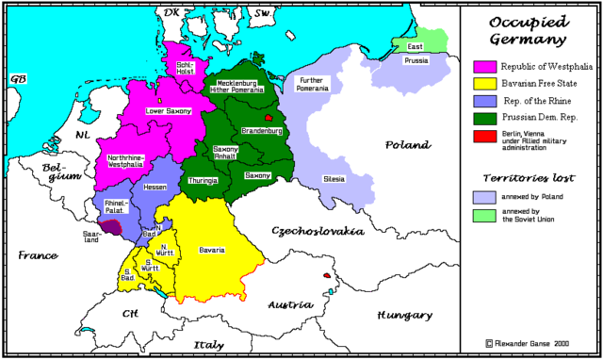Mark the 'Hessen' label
pos(155,188)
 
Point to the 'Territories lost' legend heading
pos(529,177)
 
